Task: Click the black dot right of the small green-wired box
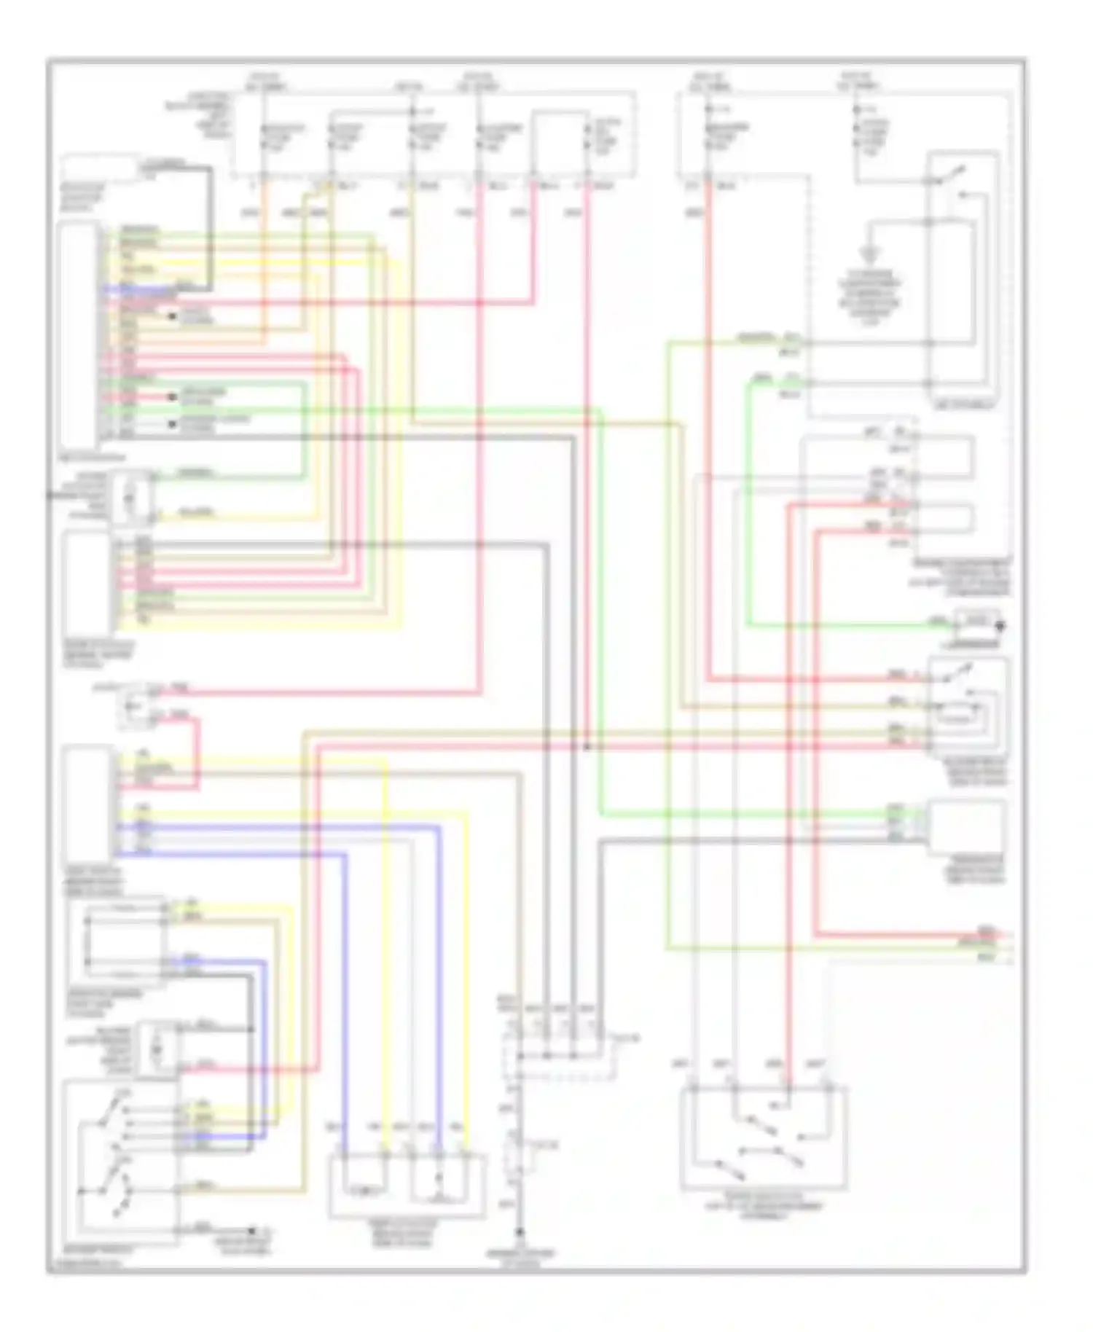1001,625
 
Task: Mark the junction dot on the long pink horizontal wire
587,747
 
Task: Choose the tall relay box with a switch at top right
962,277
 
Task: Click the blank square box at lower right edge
966,828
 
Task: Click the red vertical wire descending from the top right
708,437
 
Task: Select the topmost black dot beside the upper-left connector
173,316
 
